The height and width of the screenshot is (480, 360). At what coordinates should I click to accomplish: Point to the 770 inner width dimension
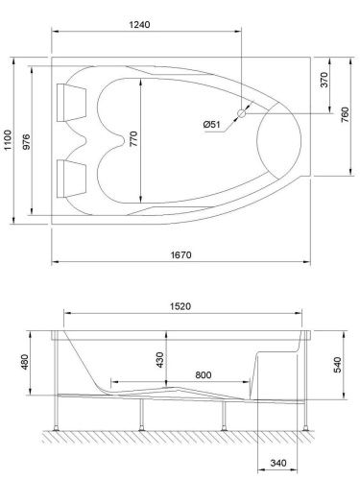(133, 141)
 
